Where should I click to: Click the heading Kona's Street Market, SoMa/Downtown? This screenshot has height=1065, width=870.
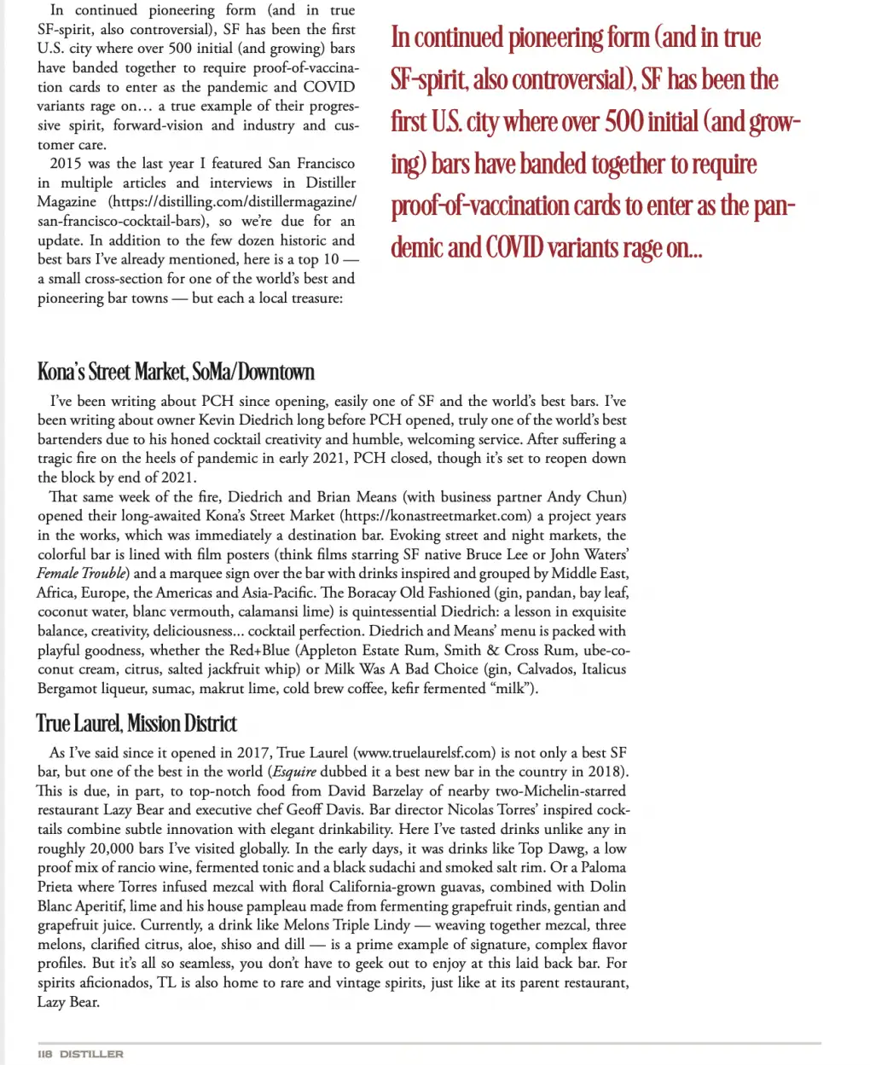176,372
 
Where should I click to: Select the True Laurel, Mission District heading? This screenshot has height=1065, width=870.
136,724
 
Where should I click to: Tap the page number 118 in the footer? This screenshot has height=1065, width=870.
45,1054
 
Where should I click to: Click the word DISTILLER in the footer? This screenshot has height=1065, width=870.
91,1054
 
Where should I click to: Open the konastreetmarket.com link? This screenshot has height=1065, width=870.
435,516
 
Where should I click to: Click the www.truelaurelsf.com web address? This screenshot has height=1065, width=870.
424,753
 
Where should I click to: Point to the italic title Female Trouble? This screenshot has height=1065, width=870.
83,573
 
